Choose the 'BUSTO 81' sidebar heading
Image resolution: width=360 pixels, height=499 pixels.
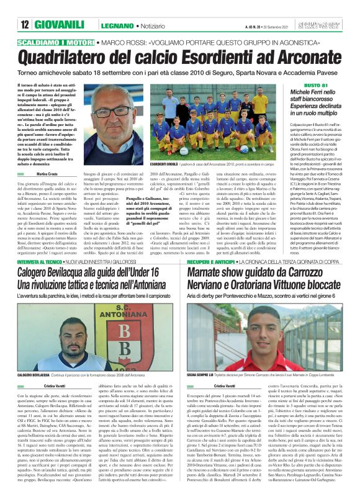299,84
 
